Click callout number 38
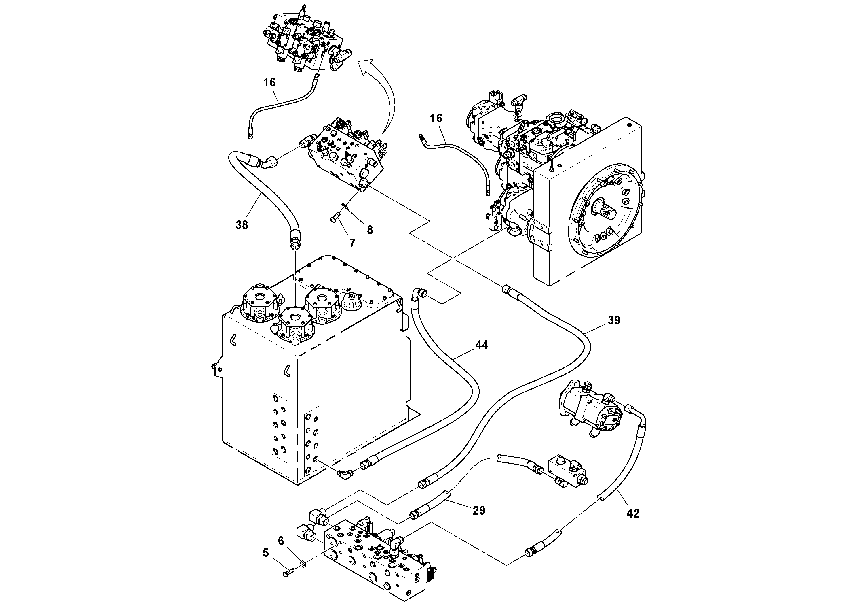pyautogui.click(x=242, y=225)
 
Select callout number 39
pyautogui.click(x=614, y=320)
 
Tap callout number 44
pyautogui.click(x=482, y=345)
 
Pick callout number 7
pyautogui.click(x=352, y=243)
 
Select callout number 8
pyautogui.click(x=370, y=230)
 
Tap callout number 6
pyautogui.click(x=281, y=541)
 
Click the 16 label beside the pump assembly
pyautogui.click(x=436, y=118)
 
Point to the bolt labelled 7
pyautogui.click(x=335, y=217)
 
